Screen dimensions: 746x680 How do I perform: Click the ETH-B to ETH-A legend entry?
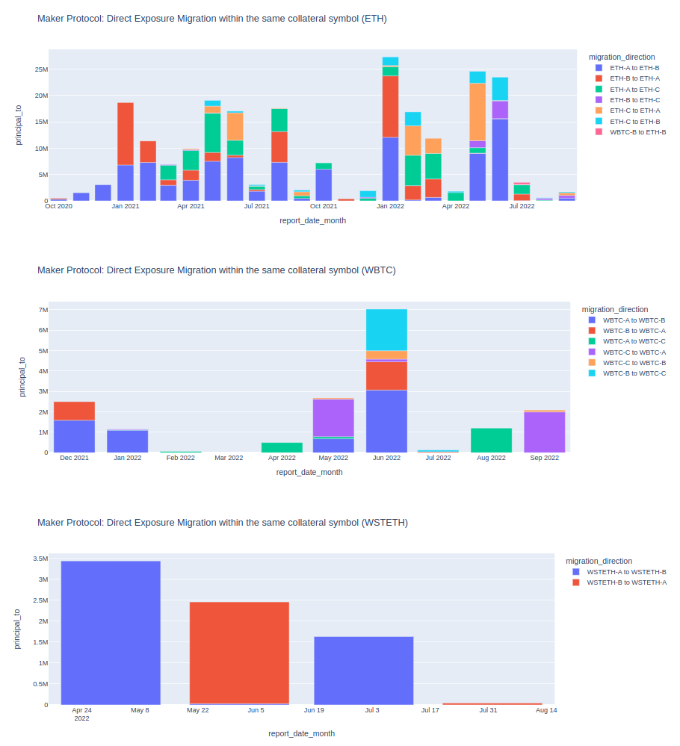[x=634, y=78]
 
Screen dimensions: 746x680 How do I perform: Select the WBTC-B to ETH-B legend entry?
[x=637, y=131]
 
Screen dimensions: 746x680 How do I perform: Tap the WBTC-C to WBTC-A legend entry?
[x=634, y=352]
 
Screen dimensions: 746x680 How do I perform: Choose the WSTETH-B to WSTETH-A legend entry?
[x=626, y=582]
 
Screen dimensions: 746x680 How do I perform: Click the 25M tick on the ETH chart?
[x=40, y=69]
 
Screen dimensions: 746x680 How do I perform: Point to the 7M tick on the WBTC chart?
[x=43, y=310]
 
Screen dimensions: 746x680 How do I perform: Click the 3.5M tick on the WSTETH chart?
[x=40, y=559]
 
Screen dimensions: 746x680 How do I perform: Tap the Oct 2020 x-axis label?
[x=58, y=206]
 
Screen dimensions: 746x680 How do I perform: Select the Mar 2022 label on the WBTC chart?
[x=229, y=458]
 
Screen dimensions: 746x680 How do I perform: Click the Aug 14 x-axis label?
[x=546, y=710]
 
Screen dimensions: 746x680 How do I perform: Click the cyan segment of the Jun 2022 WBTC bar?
[x=386, y=329]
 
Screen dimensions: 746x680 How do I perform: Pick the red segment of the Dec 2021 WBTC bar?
[x=74, y=411]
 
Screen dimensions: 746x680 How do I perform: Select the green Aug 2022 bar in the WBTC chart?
[x=491, y=440]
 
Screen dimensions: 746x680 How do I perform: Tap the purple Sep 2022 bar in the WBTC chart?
[x=544, y=432]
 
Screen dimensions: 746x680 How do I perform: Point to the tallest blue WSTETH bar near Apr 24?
[x=111, y=632]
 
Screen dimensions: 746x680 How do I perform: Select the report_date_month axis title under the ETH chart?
[x=312, y=220]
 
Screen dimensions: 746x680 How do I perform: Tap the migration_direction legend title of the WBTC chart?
[x=614, y=309]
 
